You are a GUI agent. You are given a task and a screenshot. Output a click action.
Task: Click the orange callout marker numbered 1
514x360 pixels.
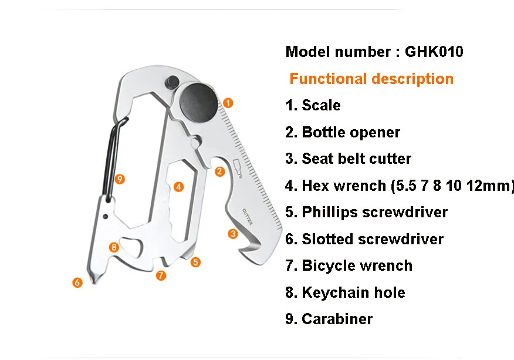(x=229, y=102)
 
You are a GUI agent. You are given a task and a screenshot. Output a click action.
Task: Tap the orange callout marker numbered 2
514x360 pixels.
(x=219, y=171)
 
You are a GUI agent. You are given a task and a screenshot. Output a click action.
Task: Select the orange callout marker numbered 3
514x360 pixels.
(x=232, y=234)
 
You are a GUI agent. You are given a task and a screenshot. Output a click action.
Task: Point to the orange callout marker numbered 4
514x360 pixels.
(x=178, y=187)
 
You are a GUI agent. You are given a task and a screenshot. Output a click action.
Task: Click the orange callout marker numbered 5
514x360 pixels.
(x=195, y=262)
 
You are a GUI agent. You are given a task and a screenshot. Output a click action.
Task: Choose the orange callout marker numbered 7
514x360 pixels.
(x=161, y=274)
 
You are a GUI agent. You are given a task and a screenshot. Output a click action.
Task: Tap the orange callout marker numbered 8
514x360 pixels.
(x=114, y=247)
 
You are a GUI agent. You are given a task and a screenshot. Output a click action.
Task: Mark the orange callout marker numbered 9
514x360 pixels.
(x=120, y=178)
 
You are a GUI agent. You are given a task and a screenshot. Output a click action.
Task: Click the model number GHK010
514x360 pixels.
(x=434, y=52)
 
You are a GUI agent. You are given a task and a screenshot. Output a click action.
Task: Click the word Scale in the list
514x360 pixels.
(x=321, y=106)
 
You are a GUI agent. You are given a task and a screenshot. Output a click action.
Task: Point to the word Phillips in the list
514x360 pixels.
(x=330, y=212)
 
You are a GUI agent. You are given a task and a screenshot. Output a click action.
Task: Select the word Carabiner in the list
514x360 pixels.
(x=337, y=319)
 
